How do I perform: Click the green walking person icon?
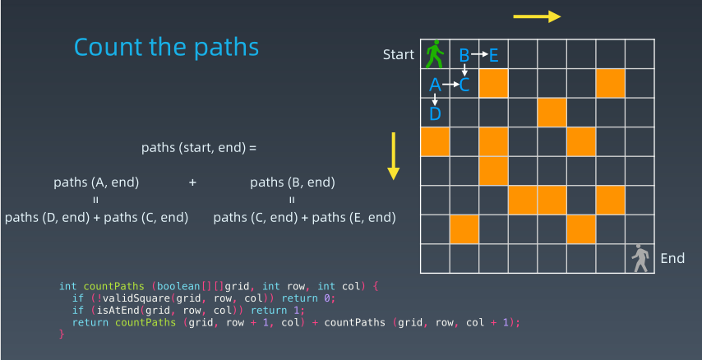pyautogui.click(x=435, y=54)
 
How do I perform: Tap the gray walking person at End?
pyautogui.click(x=640, y=258)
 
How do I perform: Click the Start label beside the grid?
pyautogui.click(x=399, y=54)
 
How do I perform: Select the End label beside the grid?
pyautogui.click(x=672, y=258)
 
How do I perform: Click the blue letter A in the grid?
pyautogui.click(x=435, y=85)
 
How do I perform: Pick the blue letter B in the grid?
pyautogui.click(x=464, y=56)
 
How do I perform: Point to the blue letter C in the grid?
pyautogui.click(x=464, y=85)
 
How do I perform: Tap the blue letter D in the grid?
pyautogui.click(x=435, y=113)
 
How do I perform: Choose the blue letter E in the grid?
pyautogui.click(x=493, y=56)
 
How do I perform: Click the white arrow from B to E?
pyautogui.click(x=479, y=54)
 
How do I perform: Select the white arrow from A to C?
pyautogui.click(x=450, y=84)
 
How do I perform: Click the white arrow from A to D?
pyautogui.click(x=434, y=99)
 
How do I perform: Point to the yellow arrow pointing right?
pyautogui.click(x=537, y=16)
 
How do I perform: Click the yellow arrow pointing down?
pyautogui.click(x=393, y=156)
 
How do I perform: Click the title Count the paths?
pyautogui.click(x=166, y=47)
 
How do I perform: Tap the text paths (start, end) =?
pyautogui.click(x=199, y=148)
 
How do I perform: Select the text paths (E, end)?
pyautogui.click(x=353, y=218)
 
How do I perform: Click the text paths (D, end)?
pyautogui.click(x=47, y=218)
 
